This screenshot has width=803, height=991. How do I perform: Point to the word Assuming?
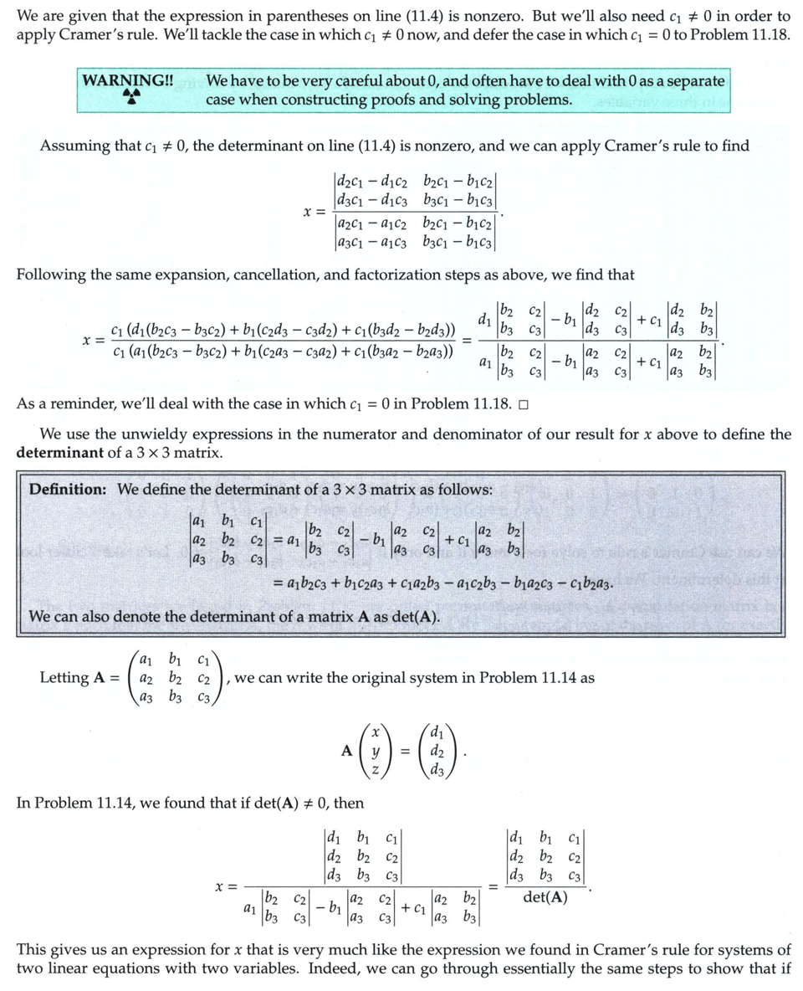tap(74, 146)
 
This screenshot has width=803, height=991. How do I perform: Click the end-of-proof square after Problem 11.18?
tap(523, 404)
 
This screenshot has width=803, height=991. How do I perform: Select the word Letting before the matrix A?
tap(64, 678)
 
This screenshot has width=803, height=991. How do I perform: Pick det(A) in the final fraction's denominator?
tap(545, 897)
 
